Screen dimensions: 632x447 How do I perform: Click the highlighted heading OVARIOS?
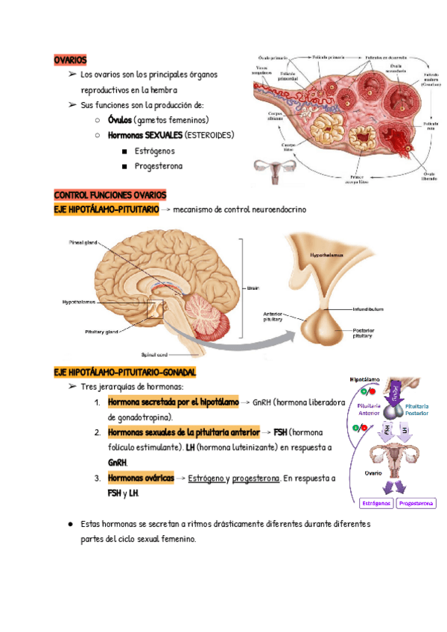pyautogui.click(x=71, y=59)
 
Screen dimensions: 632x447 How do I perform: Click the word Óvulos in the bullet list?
pyautogui.click(x=119, y=120)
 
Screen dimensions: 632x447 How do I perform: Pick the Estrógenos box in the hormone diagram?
pyautogui.click(x=376, y=504)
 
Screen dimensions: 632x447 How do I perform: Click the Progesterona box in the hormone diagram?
pyautogui.click(x=416, y=504)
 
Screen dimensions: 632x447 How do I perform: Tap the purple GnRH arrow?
pyautogui.click(x=396, y=389)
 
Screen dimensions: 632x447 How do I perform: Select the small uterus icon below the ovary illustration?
pyautogui.click(x=270, y=170)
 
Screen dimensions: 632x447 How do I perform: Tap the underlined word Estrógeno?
pyautogui.click(x=206, y=478)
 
